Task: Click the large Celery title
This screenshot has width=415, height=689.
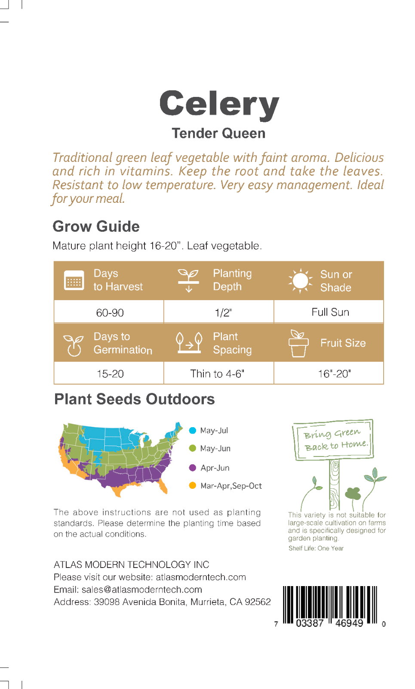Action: [219, 105]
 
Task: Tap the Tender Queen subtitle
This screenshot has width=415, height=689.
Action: [218, 133]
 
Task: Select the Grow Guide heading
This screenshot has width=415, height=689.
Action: [96, 227]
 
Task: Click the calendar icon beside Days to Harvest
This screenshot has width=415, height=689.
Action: [74, 280]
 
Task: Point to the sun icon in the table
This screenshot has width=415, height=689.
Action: [301, 280]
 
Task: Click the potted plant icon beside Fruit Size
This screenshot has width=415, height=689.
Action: [298, 343]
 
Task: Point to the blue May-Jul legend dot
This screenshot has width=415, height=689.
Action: [193, 431]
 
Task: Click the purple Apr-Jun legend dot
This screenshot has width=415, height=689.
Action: [193, 468]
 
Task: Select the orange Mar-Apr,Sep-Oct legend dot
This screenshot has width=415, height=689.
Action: [193, 486]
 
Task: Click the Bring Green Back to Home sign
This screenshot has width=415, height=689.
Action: [333, 440]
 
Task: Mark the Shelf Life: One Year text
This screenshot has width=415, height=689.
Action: [316, 548]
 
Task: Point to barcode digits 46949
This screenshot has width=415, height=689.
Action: [349, 623]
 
